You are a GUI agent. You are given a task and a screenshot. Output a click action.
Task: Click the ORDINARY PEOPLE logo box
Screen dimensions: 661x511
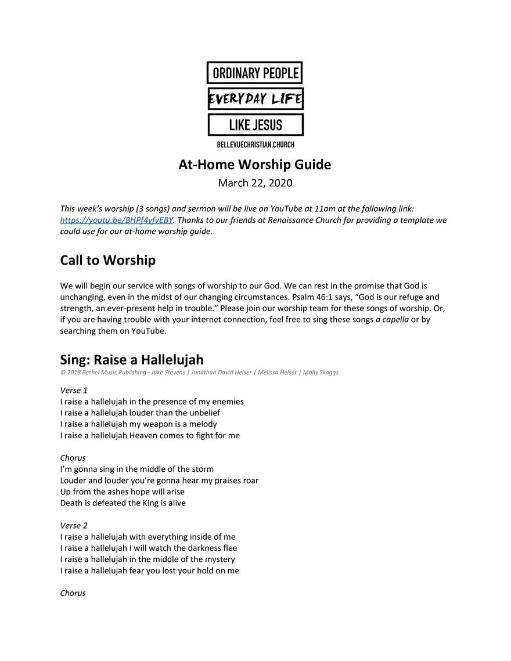click(255, 73)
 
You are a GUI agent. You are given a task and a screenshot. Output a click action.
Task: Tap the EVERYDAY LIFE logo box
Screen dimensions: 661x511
click(255, 99)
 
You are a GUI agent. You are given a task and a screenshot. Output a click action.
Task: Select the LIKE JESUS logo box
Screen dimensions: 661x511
click(255, 125)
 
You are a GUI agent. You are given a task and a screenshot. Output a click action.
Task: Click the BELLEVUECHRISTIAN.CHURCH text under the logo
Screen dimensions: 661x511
click(255, 145)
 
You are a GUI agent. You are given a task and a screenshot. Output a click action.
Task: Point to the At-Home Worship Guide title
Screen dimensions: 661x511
click(255, 165)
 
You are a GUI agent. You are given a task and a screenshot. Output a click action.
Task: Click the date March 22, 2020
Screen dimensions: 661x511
click(255, 183)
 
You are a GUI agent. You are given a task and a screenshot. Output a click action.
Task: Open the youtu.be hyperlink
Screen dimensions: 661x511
click(117, 220)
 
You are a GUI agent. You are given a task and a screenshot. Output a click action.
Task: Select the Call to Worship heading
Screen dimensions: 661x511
click(108, 261)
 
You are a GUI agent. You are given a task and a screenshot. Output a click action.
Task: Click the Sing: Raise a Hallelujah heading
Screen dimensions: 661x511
click(132, 360)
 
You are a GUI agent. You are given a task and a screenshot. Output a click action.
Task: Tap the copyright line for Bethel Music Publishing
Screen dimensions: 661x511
click(199, 373)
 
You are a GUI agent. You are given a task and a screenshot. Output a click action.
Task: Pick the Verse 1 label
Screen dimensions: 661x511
click(74, 391)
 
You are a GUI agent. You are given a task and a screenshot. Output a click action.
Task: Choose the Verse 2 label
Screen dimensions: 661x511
click(74, 526)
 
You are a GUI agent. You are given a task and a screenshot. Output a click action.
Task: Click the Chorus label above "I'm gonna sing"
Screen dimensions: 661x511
click(73, 458)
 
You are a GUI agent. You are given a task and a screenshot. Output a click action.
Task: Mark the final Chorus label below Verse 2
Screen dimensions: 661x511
click(73, 593)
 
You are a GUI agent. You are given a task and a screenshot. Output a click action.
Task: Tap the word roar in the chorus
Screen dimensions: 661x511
click(250, 481)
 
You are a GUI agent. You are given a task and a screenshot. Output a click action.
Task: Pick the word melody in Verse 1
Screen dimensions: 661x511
click(201, 424)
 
